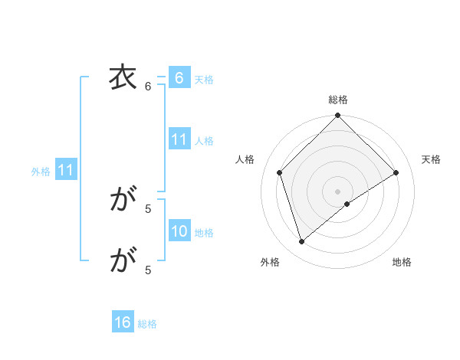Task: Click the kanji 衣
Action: pos(121,78)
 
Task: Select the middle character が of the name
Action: pos(121,200)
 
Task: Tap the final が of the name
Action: pos(121,261)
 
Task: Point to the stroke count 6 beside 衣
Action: pos(148,87)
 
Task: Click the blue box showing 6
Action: pos(179,78)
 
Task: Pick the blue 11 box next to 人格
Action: pos(179,139)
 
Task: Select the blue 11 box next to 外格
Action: pos(65,171)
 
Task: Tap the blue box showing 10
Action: pos(179,231)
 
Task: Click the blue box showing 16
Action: pos(123,322)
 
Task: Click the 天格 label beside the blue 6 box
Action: pos(204,79)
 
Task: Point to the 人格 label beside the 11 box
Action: pos(204,140)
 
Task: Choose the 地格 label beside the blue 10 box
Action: pos(204,232)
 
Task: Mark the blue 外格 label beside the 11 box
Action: pos(41,172)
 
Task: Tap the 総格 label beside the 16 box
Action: pos(147,323)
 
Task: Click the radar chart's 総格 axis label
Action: pos(337,100)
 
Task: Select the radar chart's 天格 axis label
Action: pos(431,159)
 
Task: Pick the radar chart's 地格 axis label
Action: pos(402,262)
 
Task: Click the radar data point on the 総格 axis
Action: pos(337,116)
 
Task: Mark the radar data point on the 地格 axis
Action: pos(347,204)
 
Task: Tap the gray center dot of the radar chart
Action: pos(337,191)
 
